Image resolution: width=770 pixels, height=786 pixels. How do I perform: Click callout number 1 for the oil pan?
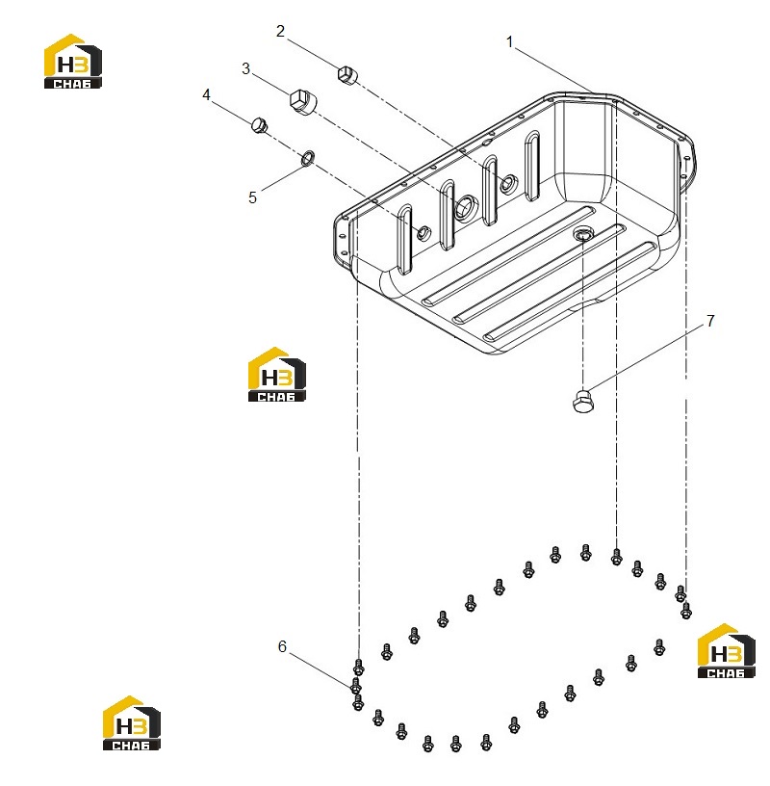[x=509, y=42]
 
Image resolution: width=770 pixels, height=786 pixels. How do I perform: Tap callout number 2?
[x=280, y=31]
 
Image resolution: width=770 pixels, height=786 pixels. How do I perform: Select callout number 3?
[x=245, y=68]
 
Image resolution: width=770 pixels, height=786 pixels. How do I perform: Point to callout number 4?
[x=206, y=94]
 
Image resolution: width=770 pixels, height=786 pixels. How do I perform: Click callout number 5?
[x=252, y=197]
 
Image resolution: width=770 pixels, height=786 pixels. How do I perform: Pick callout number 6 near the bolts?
[x=282, y=646]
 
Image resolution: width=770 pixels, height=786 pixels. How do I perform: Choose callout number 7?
[x=710, y=321]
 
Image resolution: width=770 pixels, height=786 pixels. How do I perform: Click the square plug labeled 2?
[x=346, y=75]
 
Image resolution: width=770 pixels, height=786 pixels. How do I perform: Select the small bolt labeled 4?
[x=259, y=125]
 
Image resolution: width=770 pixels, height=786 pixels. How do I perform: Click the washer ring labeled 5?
[x=307, y=157]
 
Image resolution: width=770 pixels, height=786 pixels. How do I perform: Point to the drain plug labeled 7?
[x=582, y=401]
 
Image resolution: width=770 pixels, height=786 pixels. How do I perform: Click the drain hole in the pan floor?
[x=581, y=234]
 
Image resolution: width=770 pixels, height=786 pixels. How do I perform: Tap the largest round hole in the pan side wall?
[x=465, y=206]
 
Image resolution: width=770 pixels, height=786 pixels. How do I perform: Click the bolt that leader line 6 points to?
[x=356, y=686]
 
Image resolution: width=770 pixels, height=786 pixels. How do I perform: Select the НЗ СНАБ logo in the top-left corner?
[x=72, y=61]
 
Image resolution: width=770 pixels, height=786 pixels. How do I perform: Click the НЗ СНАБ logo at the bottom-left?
[x=131, y=722]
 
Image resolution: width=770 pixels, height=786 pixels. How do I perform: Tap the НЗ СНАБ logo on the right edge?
[x=726, y=650]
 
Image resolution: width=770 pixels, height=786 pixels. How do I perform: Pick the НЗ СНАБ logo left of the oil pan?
[x=276, y=374]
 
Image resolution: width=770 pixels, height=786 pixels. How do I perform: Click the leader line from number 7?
[x=646, y=357]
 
